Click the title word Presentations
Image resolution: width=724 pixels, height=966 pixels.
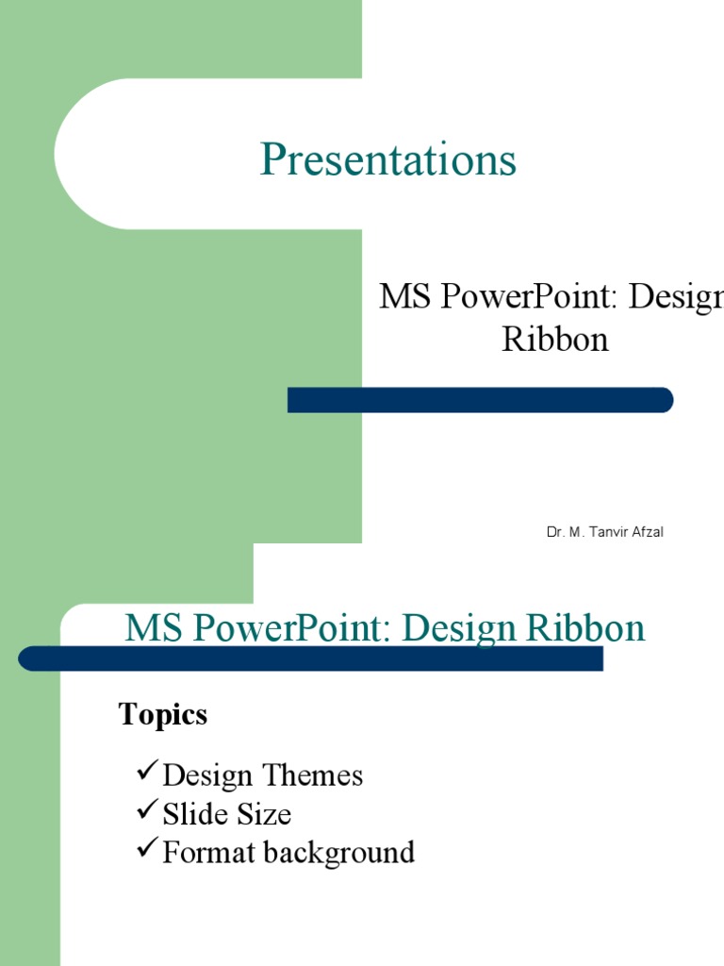387,159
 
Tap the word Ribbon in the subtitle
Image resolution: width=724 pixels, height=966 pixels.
555,339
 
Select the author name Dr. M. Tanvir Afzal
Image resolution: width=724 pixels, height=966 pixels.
604,533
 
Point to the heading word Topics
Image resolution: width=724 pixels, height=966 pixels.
163,715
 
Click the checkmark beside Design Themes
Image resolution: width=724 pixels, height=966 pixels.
146,774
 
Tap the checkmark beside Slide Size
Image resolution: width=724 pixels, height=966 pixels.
146,812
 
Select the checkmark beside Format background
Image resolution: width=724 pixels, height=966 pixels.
146,851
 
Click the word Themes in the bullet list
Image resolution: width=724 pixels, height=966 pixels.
313,775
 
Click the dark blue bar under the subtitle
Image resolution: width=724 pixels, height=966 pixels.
480,400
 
